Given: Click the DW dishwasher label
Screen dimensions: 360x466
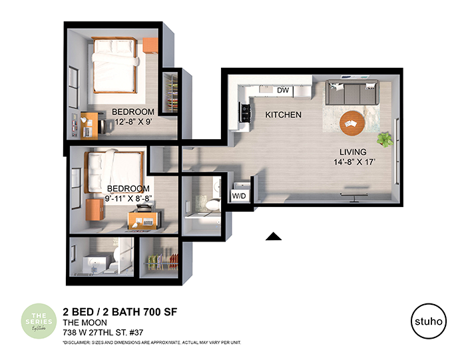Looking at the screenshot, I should point(282,90).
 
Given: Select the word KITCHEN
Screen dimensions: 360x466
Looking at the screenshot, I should point(283,115).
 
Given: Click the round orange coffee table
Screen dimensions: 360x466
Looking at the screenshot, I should point(352,122).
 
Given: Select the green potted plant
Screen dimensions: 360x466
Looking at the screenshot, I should point(384,139).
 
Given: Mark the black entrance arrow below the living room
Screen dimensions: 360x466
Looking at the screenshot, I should point(273,236).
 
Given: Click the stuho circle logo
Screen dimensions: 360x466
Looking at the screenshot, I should point(428,319).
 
